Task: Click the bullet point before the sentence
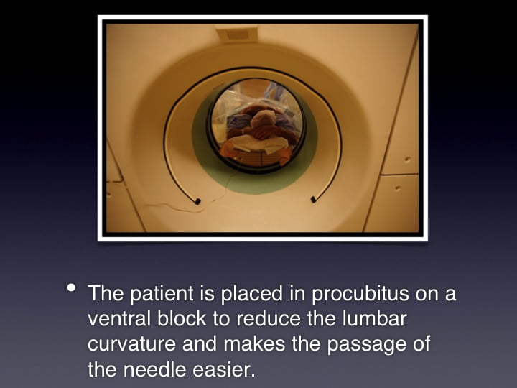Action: (71, 287)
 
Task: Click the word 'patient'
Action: (162, 293)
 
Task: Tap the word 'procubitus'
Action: (360, 293)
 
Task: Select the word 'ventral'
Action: (119, 318)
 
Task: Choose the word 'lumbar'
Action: (375, 318)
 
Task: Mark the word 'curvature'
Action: (131, 343)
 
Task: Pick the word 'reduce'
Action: (269, 318)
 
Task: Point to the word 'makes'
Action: (254, 343)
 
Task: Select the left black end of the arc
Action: (197, 201)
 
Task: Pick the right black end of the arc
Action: (314, 199)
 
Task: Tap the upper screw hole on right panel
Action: (408, 160)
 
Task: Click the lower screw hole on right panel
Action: (398, 189)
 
